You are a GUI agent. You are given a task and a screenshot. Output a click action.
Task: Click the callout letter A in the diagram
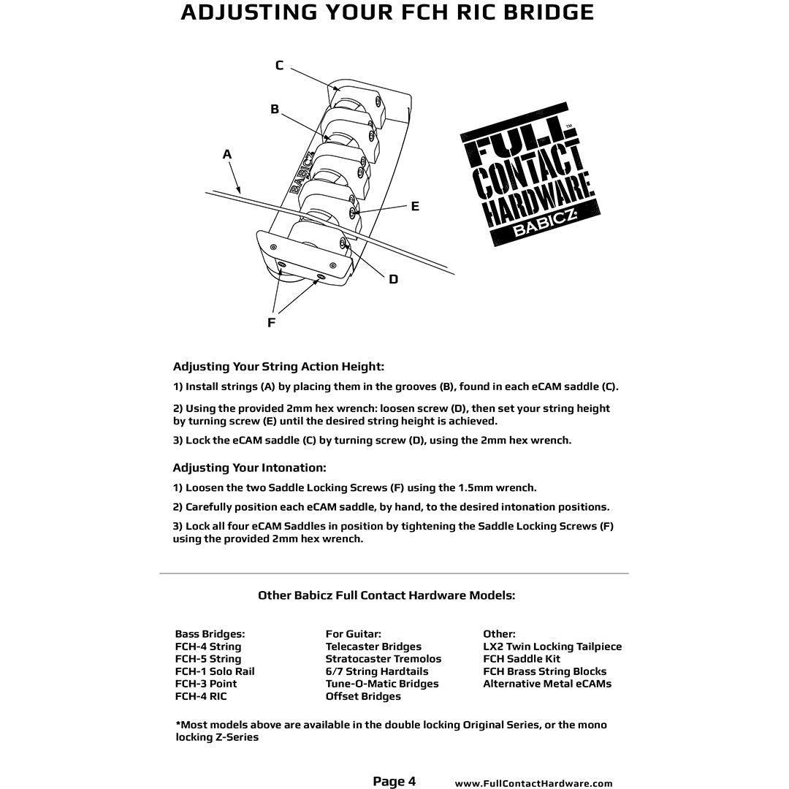point(227,155)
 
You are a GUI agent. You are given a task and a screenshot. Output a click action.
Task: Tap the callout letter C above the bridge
point(279,66)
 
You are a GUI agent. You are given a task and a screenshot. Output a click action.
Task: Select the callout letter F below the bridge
point(271,322)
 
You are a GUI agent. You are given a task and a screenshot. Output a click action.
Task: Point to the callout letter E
point(415,207)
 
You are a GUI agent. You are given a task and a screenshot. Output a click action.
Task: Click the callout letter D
point(394,279)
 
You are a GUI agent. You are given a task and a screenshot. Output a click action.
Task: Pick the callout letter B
point(275,110)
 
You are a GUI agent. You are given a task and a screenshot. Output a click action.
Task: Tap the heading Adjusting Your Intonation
point(249,468)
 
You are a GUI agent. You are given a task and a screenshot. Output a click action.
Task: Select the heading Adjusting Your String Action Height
point(278,367)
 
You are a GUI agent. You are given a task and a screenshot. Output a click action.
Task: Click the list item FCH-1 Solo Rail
point(215,671)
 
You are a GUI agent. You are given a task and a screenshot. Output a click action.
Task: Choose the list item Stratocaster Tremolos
point(383,659)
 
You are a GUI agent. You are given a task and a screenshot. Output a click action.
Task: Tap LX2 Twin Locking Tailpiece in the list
point(552,647)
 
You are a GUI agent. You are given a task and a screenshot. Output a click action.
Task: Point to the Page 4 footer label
point(394,782)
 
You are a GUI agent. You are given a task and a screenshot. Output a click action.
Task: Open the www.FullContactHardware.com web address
point(533,784)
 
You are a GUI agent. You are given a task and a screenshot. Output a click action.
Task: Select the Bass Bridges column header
point(210,634)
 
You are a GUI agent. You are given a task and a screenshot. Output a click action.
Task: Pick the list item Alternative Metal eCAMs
point(547,684)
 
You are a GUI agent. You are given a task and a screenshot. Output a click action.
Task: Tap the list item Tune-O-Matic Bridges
point(381,684)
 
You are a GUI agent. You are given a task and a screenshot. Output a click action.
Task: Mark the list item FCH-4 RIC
point(201,696)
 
